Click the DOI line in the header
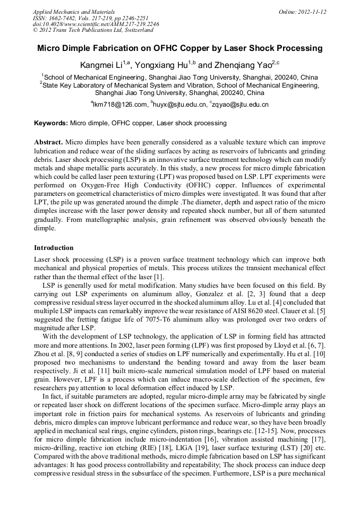coord(96,24)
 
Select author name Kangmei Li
coord(100,65)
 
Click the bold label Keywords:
coord(51,123)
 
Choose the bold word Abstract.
coord(49,143)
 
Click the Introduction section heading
coord(54,248)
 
